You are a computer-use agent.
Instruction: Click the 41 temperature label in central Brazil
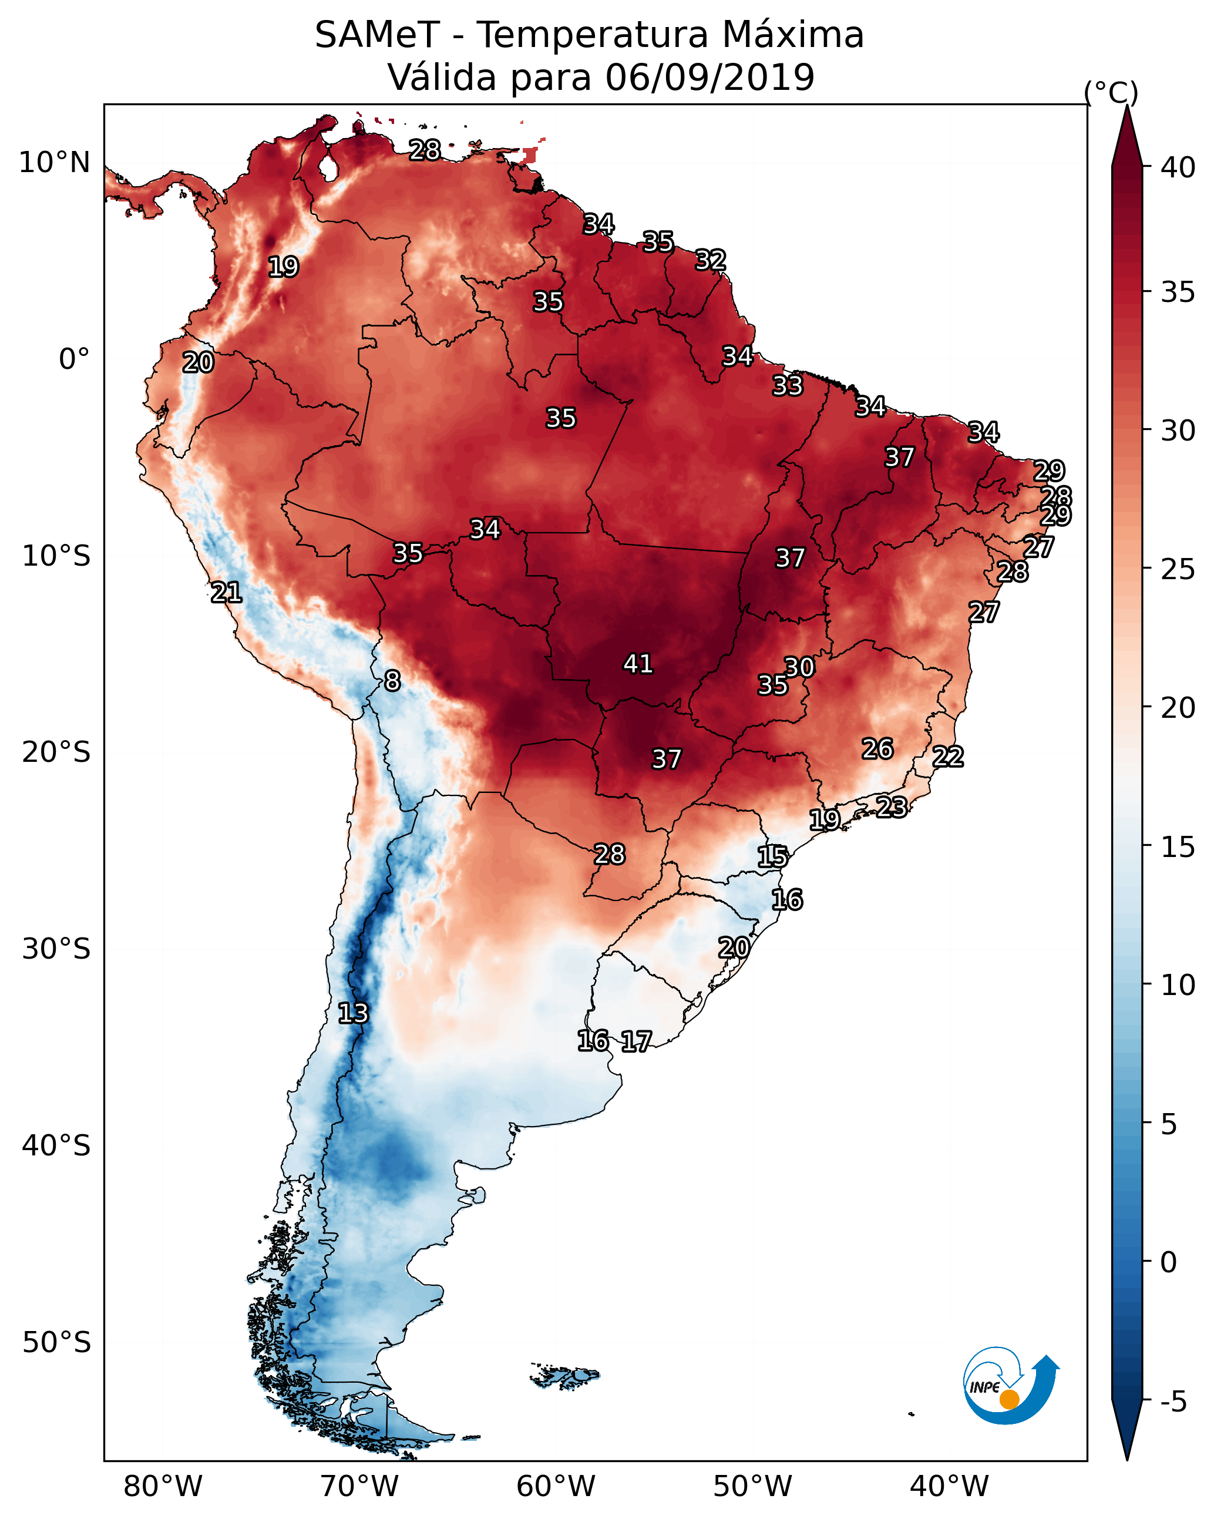638,664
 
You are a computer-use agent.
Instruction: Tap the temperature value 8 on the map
392,681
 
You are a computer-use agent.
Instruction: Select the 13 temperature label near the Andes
353,1013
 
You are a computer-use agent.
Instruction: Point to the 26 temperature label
877,749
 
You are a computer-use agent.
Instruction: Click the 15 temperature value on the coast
772,857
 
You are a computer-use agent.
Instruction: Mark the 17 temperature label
636,1041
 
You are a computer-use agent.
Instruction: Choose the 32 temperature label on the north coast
710,260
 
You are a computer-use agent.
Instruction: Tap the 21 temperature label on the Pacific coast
226,593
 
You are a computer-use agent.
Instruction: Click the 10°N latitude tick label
54,163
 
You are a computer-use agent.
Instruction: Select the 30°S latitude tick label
56,949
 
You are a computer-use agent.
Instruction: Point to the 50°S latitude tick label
56,1342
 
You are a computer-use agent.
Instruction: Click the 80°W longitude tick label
163,1486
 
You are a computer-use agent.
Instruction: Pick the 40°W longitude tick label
949,1486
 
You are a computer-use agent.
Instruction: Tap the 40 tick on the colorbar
1178,167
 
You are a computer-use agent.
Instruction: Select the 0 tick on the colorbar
1168,1262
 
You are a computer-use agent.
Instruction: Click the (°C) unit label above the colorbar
1111,92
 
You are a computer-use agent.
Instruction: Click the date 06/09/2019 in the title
709,77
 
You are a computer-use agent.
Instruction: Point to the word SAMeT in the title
377,35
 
